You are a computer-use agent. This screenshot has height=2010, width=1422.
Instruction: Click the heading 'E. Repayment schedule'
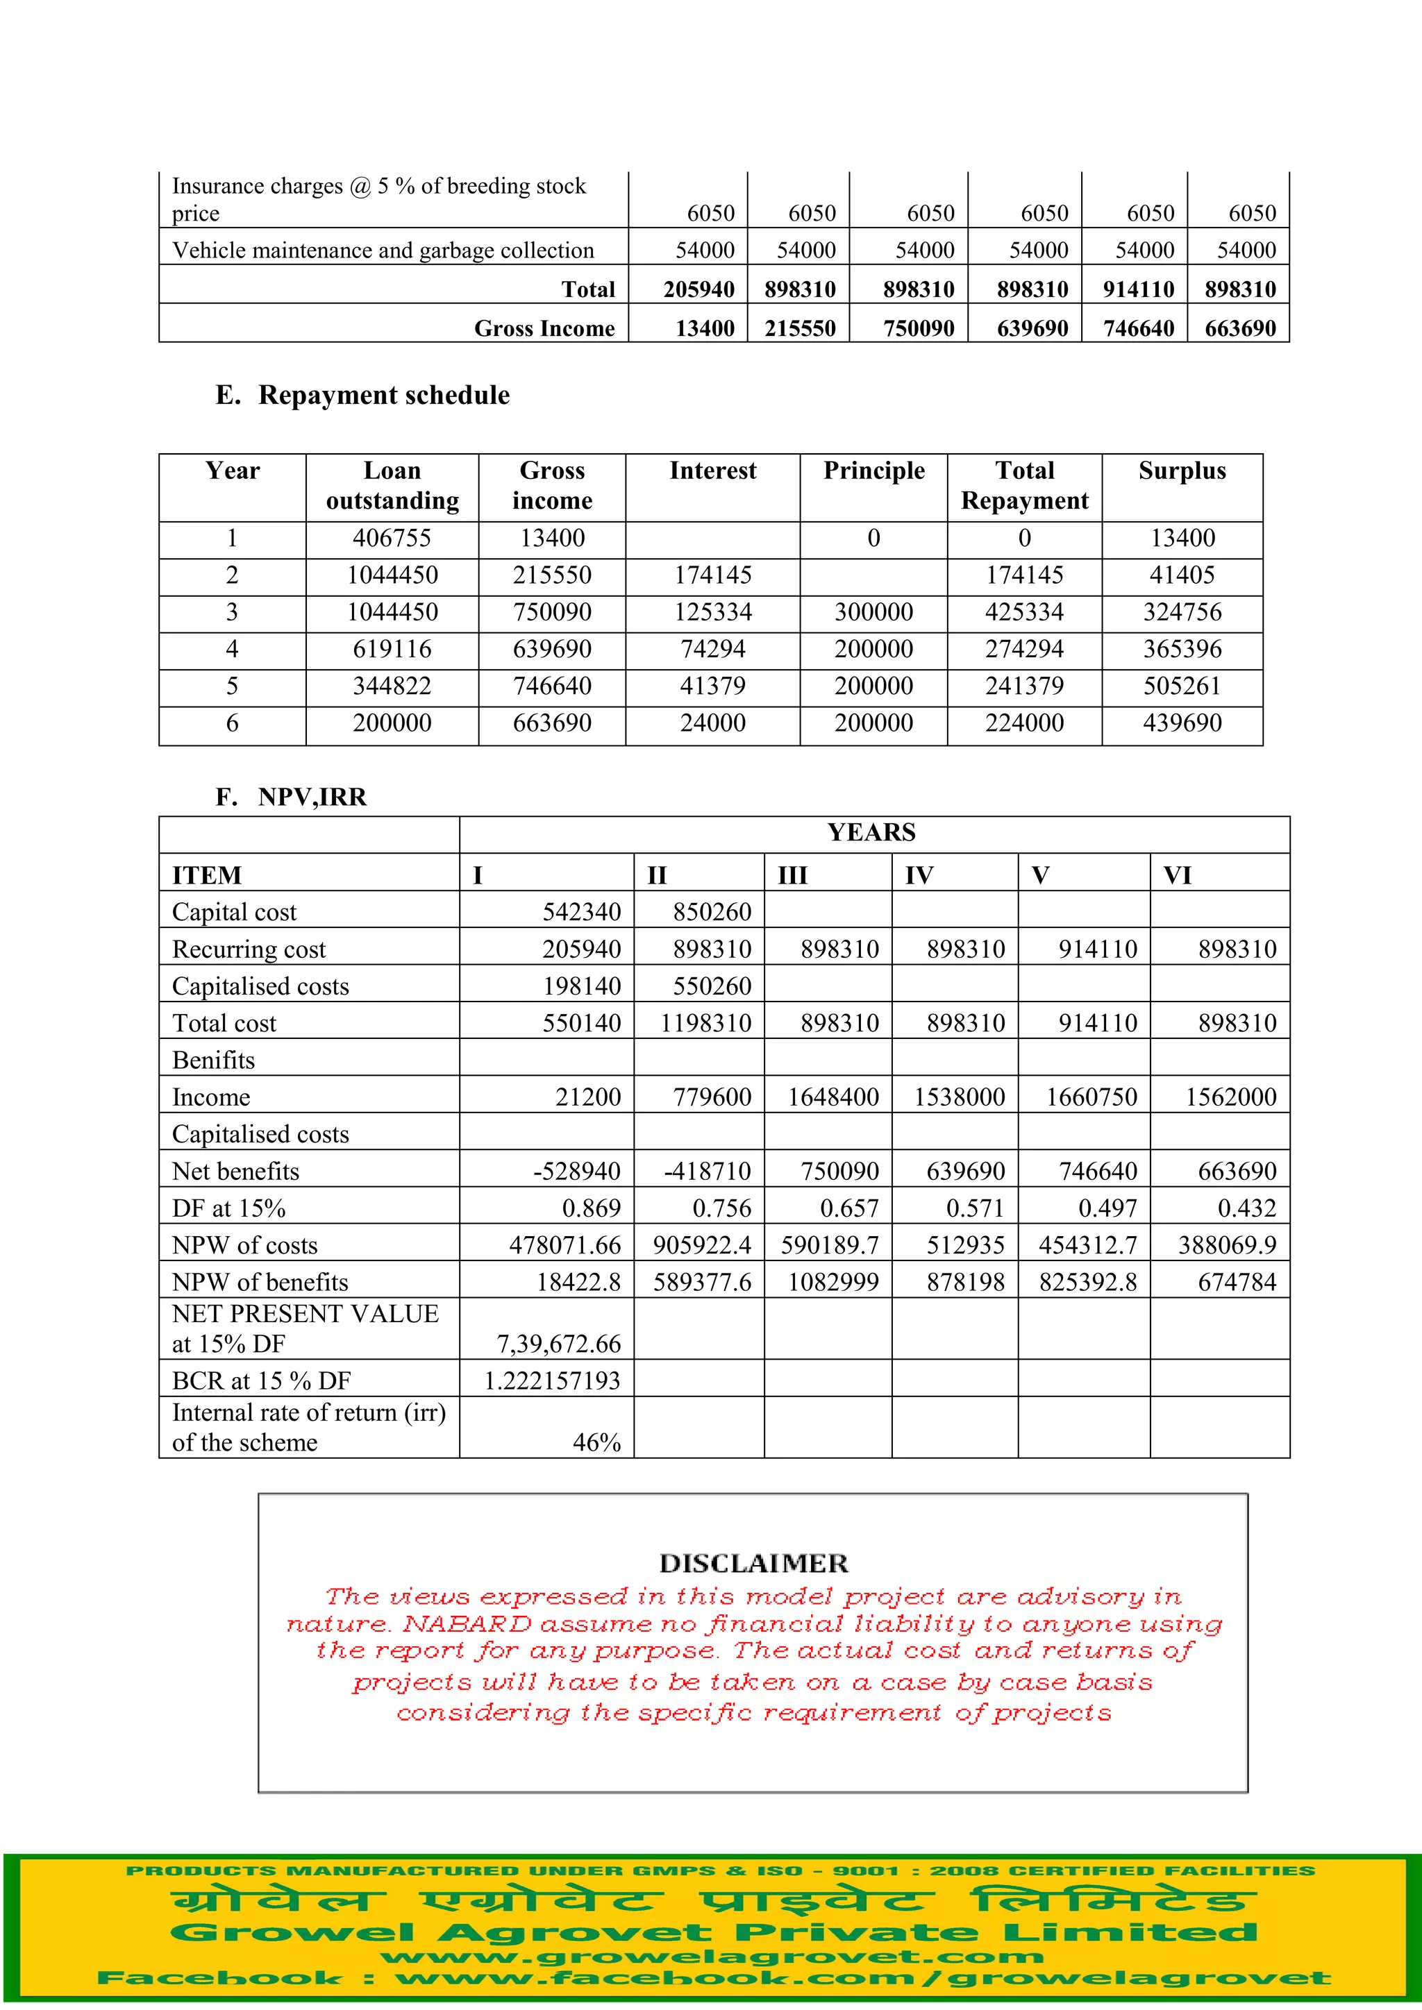pyautogui.click(x=362, y=396)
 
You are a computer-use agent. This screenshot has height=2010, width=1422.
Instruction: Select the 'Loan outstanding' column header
pyautogui.click(x=392, y=486)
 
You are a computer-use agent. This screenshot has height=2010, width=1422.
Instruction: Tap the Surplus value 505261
pyautogui.click(x=1181, y=686)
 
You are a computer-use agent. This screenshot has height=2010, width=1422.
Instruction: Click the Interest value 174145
pyautogui.click(x=713, y=575)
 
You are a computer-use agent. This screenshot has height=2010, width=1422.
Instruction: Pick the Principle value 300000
pyautogui.click(x=873, y=612)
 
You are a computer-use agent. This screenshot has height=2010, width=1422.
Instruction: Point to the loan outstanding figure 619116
pyautogui.click(x=392, y=650)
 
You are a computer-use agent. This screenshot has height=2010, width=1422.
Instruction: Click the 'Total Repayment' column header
pyautogui.click(x=1023, y=486)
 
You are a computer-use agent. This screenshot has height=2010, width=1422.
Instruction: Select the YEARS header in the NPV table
pyautogui.click(x=871, y=833)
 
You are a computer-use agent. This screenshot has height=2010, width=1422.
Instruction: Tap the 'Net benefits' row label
pyautogui.click(x=235, y=1172)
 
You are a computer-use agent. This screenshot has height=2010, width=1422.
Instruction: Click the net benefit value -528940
pyautogui.click(x=577, y=1172)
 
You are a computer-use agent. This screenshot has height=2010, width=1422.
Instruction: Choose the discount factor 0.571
pyautogui.click(x=976, y=1209)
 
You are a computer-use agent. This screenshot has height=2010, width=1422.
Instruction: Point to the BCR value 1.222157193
pyautogui.click(x=553, y=1381)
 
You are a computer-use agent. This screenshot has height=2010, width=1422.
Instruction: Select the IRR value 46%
pyautogui.click(x=596, y=1443)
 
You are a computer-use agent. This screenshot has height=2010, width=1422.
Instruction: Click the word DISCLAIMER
pyautogui.click(x=753, y=1564)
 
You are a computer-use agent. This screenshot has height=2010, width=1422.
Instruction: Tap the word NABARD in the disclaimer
pyautogui.click(x=467, y=1625)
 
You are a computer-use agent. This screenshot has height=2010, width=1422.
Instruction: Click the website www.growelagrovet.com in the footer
pyautogui.click(x=712, y=1957)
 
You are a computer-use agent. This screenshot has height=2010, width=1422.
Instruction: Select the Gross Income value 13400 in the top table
pyautogui.click(x=704, y=328)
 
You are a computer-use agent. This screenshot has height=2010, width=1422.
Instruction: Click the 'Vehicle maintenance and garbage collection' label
pyautogui.click(x=383, y=251)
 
